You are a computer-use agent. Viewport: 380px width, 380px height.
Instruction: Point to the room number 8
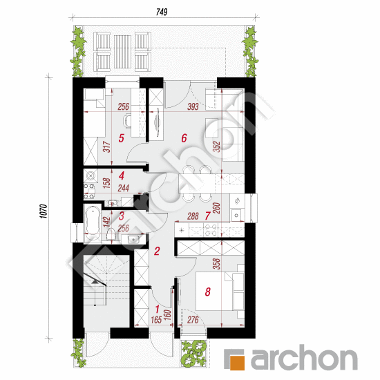tap(207, 292)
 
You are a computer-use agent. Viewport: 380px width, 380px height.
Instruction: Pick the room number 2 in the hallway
tap(157, 252)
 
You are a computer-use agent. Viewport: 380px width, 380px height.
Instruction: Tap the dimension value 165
tap(157, 320)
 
